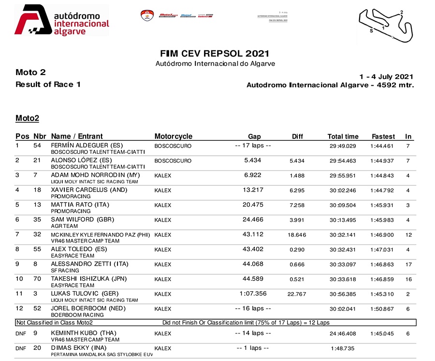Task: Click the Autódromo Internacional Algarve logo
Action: (62, 20)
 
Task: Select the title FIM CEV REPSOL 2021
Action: (214, 54)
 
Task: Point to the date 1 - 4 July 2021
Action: (386, 76)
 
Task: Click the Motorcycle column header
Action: (173, 136)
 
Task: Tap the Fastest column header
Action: (383, 136)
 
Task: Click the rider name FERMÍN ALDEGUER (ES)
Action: (87, 145)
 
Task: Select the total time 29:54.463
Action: (343, 161)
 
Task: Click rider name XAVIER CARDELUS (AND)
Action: (89, 190)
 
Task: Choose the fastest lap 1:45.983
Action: (382, 220)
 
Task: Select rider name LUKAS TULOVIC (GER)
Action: (85, 294)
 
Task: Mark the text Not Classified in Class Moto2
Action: (54, 323)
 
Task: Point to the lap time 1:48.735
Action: (344, 348)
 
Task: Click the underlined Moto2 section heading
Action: (27, 118)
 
